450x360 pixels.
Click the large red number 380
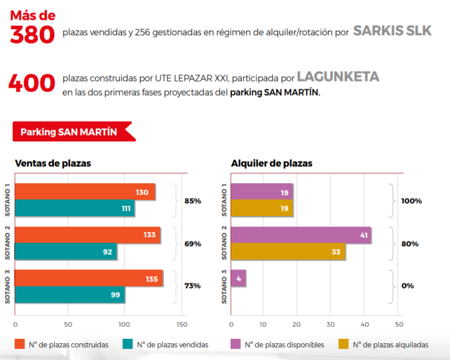(33, 33)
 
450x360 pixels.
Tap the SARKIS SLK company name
(392, 31)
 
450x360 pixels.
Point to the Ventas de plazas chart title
(53, 163)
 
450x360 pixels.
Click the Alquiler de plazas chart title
(271, 163)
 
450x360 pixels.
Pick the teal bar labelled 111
(75, 208)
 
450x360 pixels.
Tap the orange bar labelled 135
(89, 278)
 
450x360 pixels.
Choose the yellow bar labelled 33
(287, 251)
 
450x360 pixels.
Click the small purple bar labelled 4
(238, 278)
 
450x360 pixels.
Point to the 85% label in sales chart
(193, 201)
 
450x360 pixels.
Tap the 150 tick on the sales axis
(182, 324)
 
